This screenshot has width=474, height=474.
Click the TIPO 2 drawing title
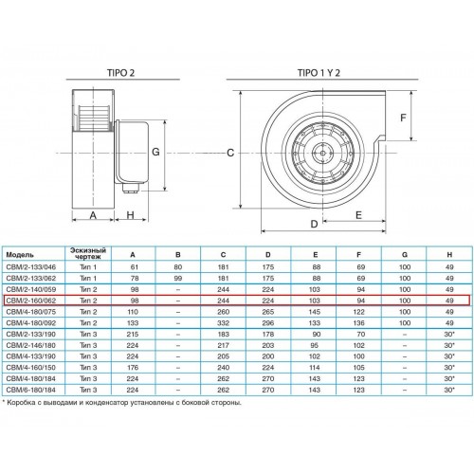point(120,73)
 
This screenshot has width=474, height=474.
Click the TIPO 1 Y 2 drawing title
point(319,73)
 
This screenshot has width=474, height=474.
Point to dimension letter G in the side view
point(155,152)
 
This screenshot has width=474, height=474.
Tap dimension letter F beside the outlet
point(403,118)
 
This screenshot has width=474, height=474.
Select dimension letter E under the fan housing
point(358,215)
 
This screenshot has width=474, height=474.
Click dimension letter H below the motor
point(130,215)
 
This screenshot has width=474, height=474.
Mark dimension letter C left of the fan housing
point(230,153)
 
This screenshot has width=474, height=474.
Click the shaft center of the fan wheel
point(322,154)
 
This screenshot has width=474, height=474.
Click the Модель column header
point(20,255)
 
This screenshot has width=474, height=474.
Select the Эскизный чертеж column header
point(88,253)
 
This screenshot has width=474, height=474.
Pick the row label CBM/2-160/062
point(31,301)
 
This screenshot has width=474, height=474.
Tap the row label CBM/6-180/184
point(31,390)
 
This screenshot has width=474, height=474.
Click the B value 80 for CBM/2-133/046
point(178,267)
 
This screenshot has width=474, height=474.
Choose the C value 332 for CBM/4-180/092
point(223,323)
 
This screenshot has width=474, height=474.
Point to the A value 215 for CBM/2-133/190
point(133,334)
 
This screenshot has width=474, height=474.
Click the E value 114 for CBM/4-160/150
point(315,368)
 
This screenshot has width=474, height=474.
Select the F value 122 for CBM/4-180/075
point(358,312)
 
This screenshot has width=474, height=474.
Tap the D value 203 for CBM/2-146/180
point(268,345)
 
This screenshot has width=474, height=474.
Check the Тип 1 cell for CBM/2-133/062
point(88,279)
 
